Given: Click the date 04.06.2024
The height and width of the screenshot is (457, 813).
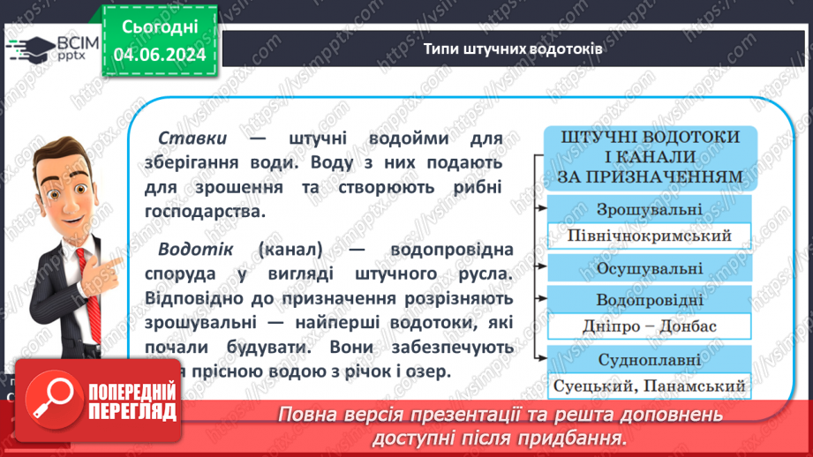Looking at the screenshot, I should click(161, 56).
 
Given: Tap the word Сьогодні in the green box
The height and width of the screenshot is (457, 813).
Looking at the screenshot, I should click(161, 28).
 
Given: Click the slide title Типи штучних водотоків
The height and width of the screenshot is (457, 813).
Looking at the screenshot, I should click(513, 49).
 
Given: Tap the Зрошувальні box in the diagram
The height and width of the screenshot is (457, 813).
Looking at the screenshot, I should click(650, 210).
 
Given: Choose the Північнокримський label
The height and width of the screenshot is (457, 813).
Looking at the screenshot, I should click(650, 236).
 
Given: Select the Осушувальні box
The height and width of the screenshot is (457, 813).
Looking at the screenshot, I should click(650, 268).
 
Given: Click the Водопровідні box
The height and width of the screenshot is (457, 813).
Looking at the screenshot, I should click(650, 298).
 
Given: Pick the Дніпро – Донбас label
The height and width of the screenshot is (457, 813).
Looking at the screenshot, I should click(650, 326).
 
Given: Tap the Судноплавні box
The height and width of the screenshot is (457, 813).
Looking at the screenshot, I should click(650, 359).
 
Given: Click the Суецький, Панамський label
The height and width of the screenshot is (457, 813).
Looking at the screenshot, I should click(650, 386).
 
